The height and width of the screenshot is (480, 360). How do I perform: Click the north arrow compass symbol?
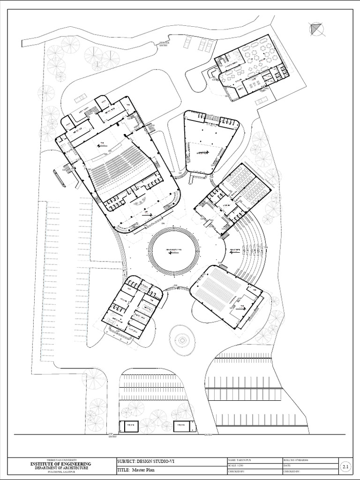click(317, 30)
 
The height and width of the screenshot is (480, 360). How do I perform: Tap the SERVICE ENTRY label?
click(164, 44)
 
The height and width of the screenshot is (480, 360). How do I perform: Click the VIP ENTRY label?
click(112, 436)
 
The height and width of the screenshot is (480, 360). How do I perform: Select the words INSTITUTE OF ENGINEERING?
click(60, 464)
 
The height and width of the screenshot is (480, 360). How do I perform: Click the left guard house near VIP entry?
click(129, 426)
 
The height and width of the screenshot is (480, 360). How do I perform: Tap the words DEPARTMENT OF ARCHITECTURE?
click(60, 468)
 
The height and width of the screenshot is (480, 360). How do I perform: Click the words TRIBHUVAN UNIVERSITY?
click(60, 460)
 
